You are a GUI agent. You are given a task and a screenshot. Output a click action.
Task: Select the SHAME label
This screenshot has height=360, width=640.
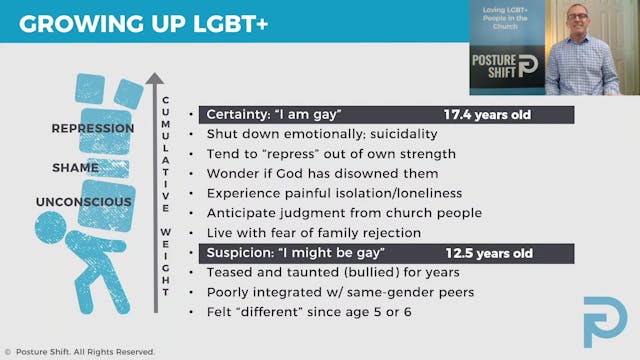pos(76,168)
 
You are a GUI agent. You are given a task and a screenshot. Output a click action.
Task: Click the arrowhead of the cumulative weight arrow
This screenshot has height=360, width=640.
pos(154,79)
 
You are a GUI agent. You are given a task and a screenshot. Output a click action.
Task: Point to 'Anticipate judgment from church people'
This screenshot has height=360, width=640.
pos(344,213)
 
